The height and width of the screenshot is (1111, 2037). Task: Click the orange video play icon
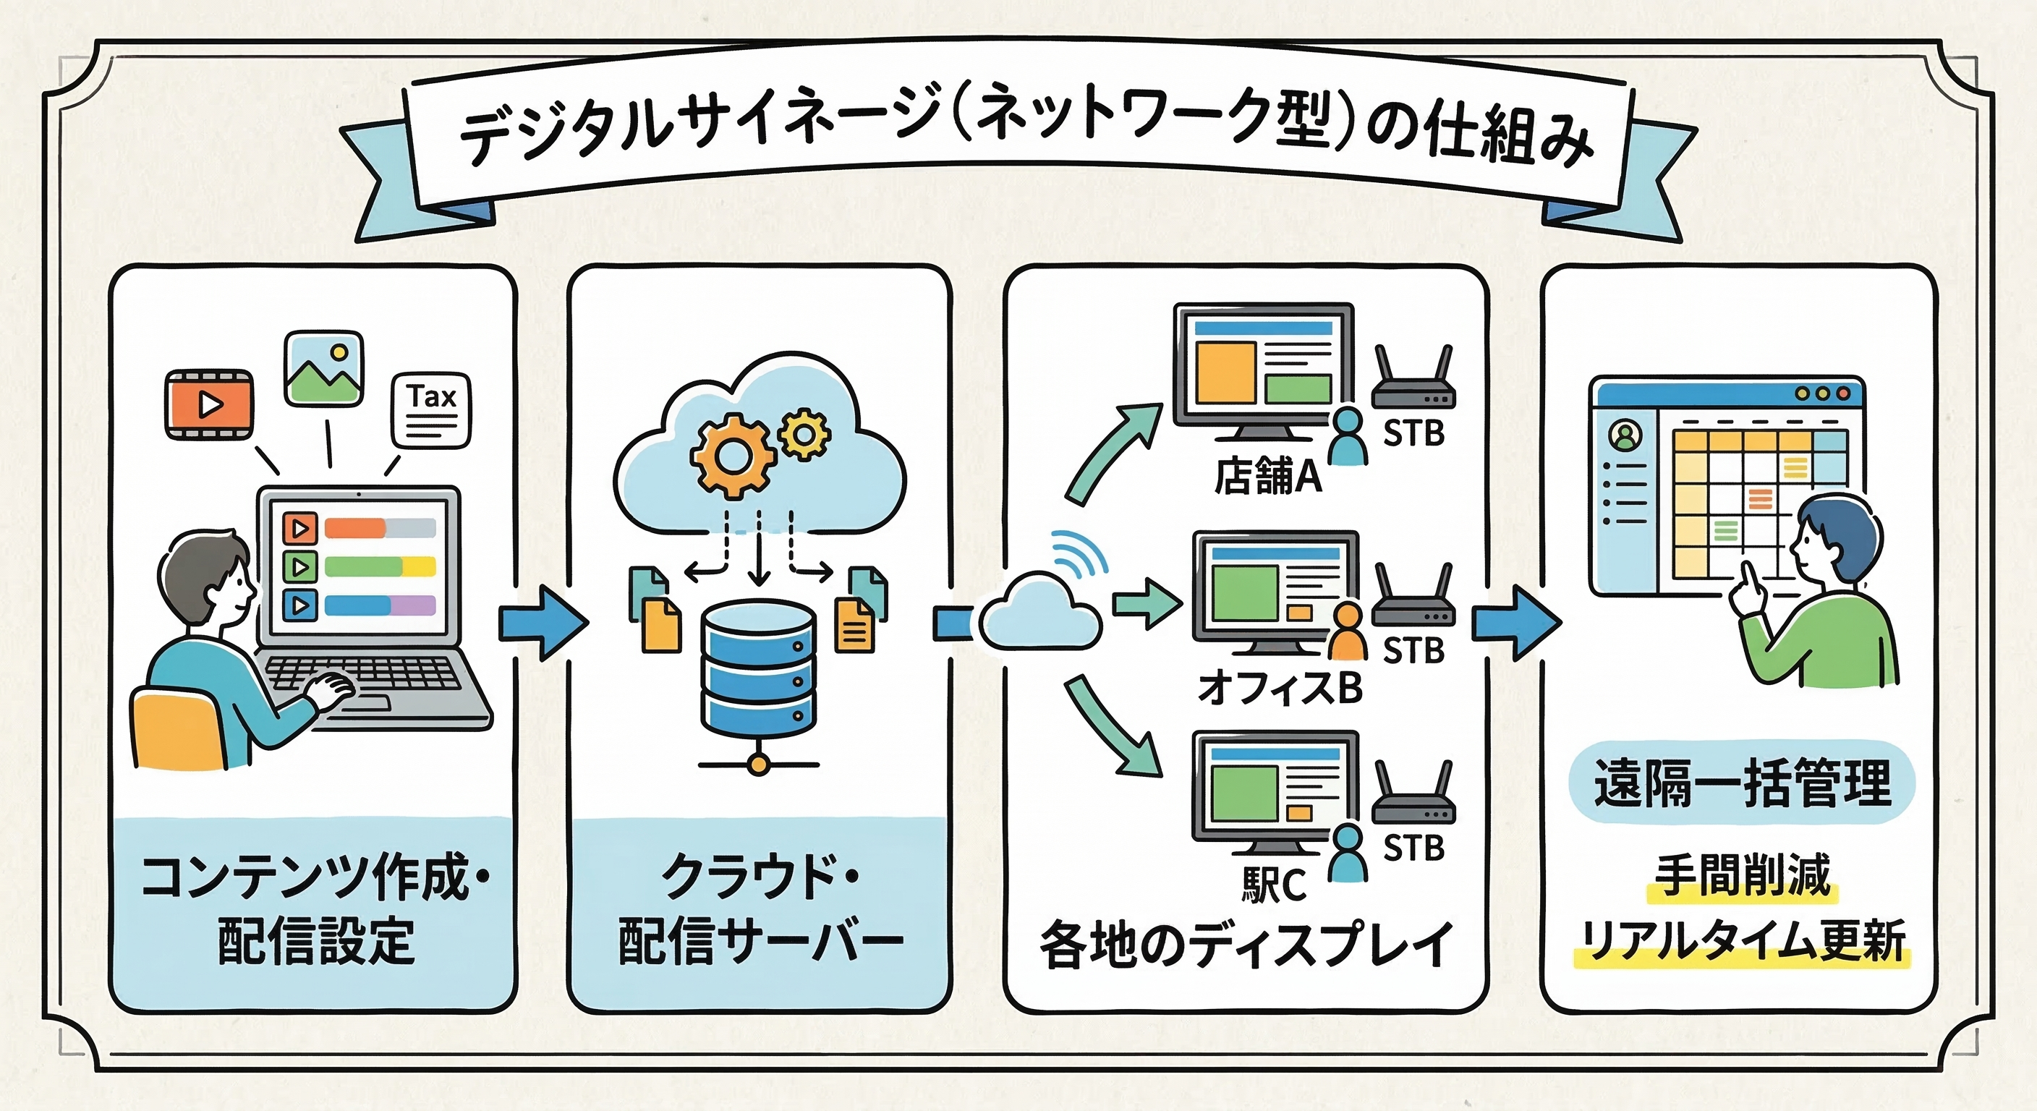pos(209,404)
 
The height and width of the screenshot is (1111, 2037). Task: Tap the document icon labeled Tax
pos(431,410)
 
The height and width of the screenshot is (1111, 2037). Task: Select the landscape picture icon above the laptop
pos(323,368)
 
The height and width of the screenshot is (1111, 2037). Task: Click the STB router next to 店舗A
pos(1413,383)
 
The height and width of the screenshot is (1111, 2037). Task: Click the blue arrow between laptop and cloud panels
pos(543,622)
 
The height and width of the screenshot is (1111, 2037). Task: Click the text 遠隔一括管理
pos(1742,783)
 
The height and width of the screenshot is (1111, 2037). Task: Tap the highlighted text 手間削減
pos(1742,876)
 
